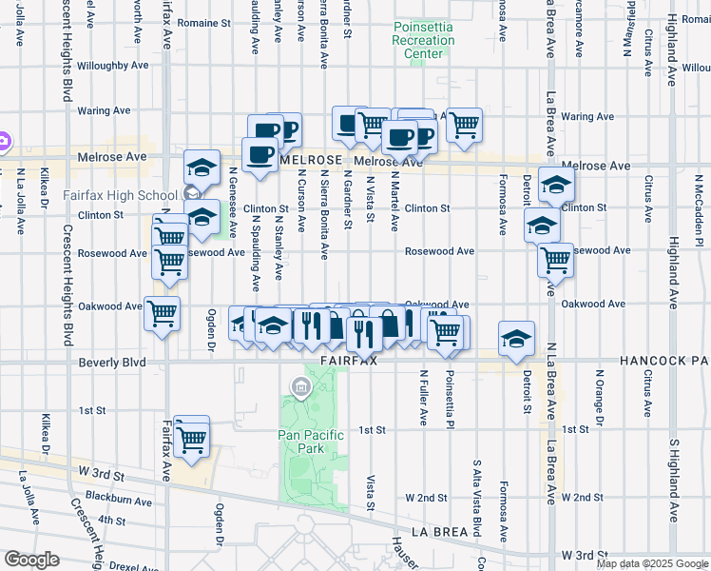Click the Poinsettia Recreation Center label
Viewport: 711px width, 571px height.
coord(423,41)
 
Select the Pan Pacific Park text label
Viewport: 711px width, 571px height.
coord(307,441)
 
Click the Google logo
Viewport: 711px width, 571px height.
coord(31,560)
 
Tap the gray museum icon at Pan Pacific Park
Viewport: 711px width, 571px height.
coord(301,385)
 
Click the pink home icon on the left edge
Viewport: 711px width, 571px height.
coord(4,142)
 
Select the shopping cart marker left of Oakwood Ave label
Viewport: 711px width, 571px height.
coord(162,313)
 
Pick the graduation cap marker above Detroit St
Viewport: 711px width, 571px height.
coord(516,339)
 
